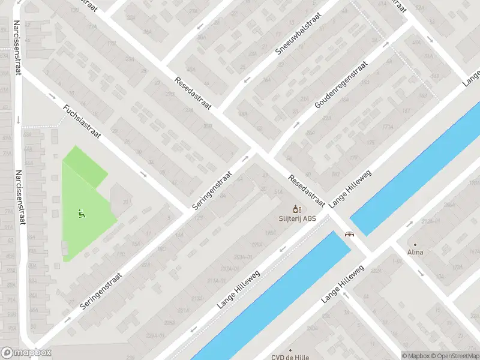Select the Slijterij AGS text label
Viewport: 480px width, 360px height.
click(297, 218)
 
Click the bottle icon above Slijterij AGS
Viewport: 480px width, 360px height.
click(295, 209)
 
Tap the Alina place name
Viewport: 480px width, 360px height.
click(415, 252)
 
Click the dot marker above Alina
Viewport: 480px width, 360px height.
click(414, 245)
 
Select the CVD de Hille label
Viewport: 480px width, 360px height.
click(290, 357)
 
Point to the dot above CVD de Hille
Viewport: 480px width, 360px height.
click(290, 350)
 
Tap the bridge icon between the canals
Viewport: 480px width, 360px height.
click(348, 235)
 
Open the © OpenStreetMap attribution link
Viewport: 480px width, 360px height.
click(454, 355)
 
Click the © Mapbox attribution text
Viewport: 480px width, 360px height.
click(416, 355)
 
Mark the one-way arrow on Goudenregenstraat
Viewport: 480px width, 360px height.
click(296, 125)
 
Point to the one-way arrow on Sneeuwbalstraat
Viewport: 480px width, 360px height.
click(245, 80)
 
